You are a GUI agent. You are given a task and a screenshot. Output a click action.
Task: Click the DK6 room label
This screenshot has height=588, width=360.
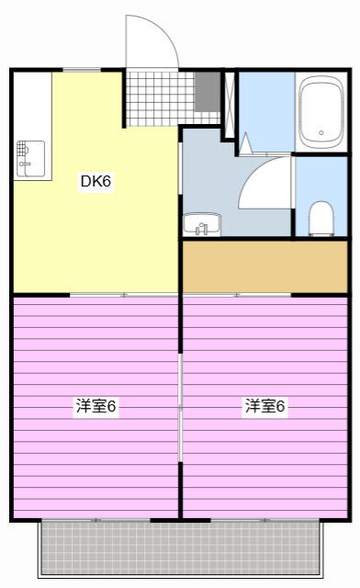click(x=96, y=181)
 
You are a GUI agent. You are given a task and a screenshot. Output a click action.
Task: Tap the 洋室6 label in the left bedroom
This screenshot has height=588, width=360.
click(x=96, y=406)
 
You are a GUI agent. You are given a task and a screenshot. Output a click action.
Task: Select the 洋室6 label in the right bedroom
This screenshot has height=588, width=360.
click(x=264, y=406)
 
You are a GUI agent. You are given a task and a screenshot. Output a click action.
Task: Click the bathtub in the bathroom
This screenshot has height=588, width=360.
click(x=321, y=111)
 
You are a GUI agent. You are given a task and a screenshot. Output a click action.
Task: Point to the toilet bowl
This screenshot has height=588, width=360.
click(x=321, y=218)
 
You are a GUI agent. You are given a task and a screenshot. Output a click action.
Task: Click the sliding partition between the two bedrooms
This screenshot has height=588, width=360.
click(x=181, y=404)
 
